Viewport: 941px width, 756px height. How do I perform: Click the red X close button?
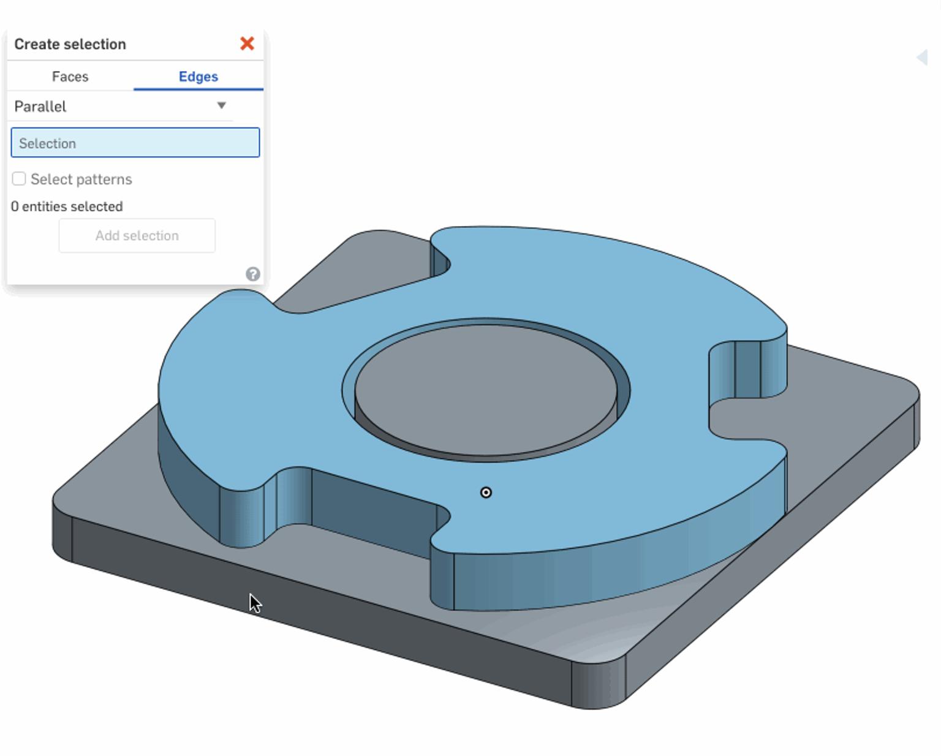pos(247,43)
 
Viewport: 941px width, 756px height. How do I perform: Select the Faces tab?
pos(70,77)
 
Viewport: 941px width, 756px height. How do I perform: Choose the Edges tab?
pos(198,77)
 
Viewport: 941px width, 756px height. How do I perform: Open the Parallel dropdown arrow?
pos(222,105)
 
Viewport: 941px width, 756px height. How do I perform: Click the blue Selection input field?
pos(135,143)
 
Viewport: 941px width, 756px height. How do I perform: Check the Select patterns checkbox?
pos(19,179)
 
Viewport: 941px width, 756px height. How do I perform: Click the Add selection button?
pos(137,236)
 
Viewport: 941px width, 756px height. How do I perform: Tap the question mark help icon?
pos(252,274)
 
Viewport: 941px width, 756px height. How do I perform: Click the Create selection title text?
pos(70,44)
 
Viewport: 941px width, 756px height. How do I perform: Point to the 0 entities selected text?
pos(67,206)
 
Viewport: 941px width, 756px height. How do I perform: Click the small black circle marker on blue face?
pos(486,493)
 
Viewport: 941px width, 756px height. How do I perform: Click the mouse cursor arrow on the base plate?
pos(254,602)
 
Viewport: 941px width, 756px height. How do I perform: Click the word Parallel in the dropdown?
pos(40,107)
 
